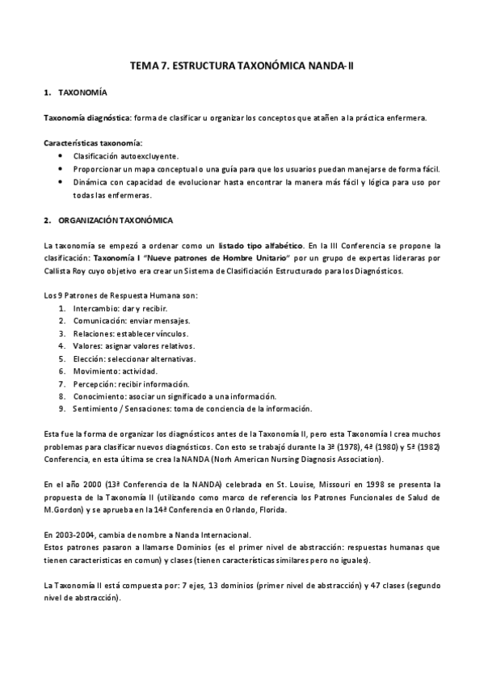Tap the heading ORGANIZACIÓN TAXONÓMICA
tap(115, 220)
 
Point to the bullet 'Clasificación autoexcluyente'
tap(126, 155)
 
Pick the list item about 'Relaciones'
tap(129, 333)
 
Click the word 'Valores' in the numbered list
tap(87, 345)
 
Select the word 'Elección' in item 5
tap(88, 358)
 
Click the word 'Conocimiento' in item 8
tap(99, 396)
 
